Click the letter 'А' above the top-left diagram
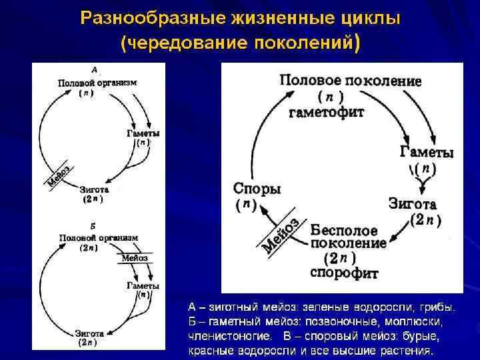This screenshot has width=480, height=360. [x=95, y=69]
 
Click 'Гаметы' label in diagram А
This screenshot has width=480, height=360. [x=143, y=133]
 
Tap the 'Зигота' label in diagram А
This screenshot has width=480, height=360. [x=93, y=189]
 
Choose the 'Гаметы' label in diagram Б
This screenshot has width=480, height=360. [x=143, y=285]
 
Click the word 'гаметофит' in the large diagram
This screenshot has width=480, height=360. [x=326, y=112]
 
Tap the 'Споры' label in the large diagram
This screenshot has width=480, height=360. [x=257, y=189]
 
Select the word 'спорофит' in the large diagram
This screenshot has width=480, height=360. [x=343, y=272]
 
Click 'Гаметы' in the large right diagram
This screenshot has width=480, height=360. [x=427, y=152]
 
